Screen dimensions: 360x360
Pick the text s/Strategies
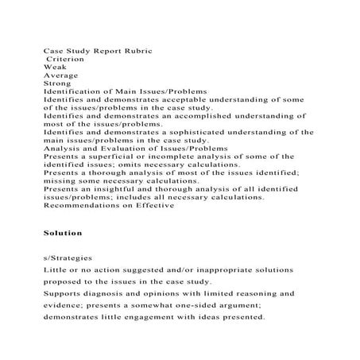click(67, 258)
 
